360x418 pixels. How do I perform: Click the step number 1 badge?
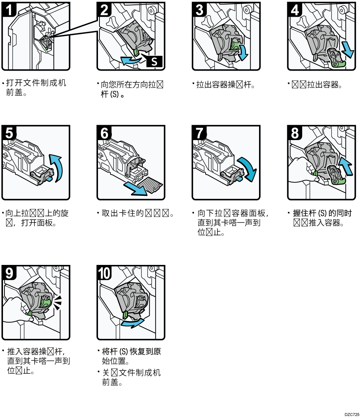(9, 9)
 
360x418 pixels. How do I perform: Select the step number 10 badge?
(104, 273)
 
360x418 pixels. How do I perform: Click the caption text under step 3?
(225, 85)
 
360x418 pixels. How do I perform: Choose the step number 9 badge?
(9, 273)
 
